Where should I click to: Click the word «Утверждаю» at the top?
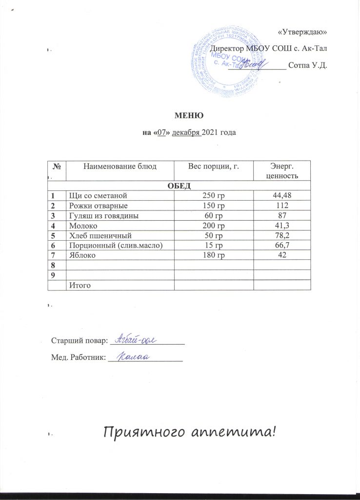point(302,32)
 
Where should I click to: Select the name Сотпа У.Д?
point(307,65)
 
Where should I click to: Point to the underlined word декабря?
point(186,132)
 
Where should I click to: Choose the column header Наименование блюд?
point(120,167)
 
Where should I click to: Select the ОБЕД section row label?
point(179,185)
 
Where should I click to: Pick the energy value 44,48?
point(282,195)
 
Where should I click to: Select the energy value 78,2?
point(282,236)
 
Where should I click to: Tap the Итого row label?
point(81,285)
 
